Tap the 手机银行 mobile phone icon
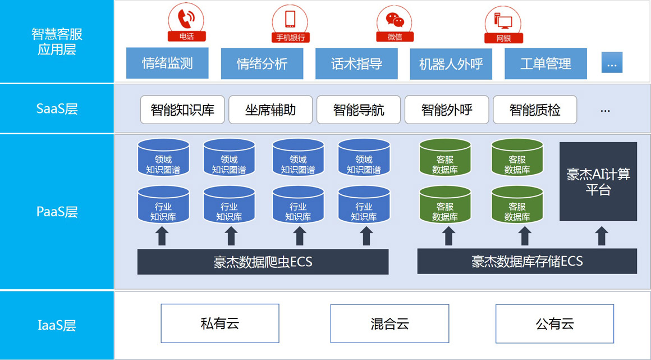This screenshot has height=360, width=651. click(290, 23)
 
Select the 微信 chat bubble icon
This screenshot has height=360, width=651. click(395, 23)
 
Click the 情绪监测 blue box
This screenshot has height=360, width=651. click(167, 63)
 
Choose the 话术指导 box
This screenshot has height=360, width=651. click(356, 63)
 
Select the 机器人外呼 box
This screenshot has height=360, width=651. click(451, 63)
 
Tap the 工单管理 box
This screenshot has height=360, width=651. click(545, 63)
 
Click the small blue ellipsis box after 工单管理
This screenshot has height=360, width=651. click(612, 62)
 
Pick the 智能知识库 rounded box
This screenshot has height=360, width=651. click(182, 110)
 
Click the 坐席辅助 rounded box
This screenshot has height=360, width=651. click(271, 110)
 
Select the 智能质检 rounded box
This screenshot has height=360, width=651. click(535, 110)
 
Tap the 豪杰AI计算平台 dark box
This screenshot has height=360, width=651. click(598, 181)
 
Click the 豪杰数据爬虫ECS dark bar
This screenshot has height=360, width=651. click(263, 262)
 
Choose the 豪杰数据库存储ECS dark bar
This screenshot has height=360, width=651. click(527, 261)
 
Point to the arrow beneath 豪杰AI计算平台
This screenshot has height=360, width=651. click(602, 236)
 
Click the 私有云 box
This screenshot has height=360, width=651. click(220, 323)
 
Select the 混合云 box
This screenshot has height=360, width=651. click(389, 323)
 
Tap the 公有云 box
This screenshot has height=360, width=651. click(554, 323)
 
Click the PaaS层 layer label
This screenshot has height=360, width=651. click(57, 212)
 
